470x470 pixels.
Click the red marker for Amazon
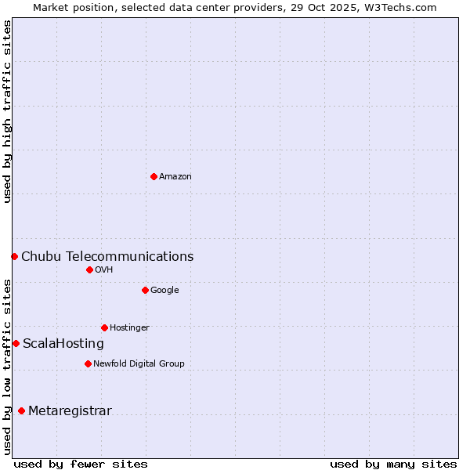click(x=154, y=176)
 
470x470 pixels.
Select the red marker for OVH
click(x=89, y=269)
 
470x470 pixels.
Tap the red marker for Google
click(x=145, y=290)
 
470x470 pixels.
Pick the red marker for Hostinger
click(x=104, y=327)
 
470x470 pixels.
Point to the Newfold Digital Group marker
click(x=88, y=363)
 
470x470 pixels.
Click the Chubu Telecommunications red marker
click(x=14, y=256)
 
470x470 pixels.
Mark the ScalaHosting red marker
click(x=16, y=343)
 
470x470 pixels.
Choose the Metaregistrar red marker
click(x=21, y=410)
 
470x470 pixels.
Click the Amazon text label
click(x=175, y=177)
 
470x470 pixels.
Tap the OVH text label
click(x=104, y=270)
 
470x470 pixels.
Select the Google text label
click(x=164, y=291)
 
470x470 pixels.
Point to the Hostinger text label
click(x=129, y=328)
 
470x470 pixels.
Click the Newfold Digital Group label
click(x=139, y=364)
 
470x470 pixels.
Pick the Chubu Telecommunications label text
click(x=107, y=257)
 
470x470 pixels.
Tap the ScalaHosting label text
click(x=63, y=344)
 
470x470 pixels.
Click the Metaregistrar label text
click(x=70, y=411)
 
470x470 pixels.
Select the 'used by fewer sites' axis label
click(x=81, y=464)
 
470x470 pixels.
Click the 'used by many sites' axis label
click(x=393, y=464)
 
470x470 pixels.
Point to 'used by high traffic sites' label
click(x=7, y=111)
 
